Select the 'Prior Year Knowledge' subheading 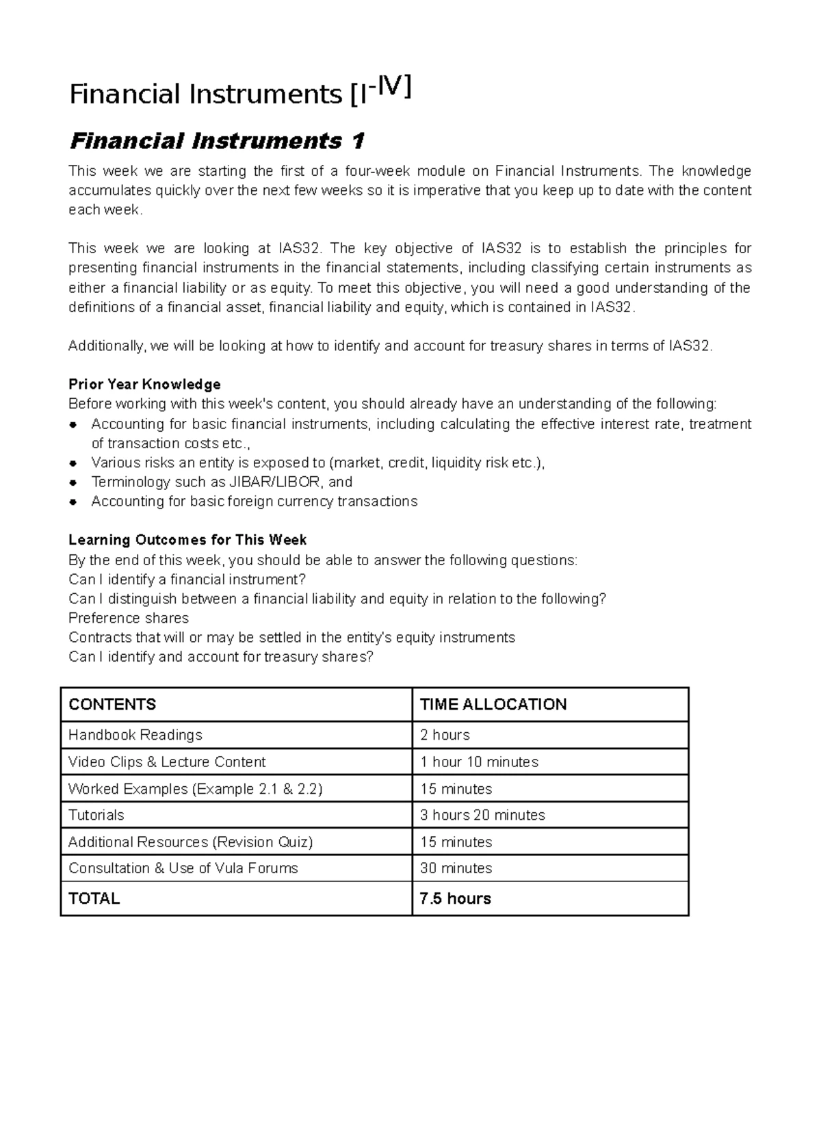pos(144,384)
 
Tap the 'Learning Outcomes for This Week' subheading pos(187,540)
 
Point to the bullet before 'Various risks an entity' pos(73,463)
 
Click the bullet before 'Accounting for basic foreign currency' pos(73,502)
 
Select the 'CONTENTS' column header pos(112,704)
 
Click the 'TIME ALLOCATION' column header pos(493,704)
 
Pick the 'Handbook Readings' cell pos(135,735)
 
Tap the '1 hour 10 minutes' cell pos(479,762)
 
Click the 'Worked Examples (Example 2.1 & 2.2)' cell pos(195,788)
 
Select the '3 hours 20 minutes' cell pos(482,815)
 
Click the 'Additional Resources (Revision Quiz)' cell pos(190,842)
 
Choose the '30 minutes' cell pos(456,868)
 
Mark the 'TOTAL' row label pos(94,898)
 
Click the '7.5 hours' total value pos(455,898)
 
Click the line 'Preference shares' pos(129,618)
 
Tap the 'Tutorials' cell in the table pos(96,815)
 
